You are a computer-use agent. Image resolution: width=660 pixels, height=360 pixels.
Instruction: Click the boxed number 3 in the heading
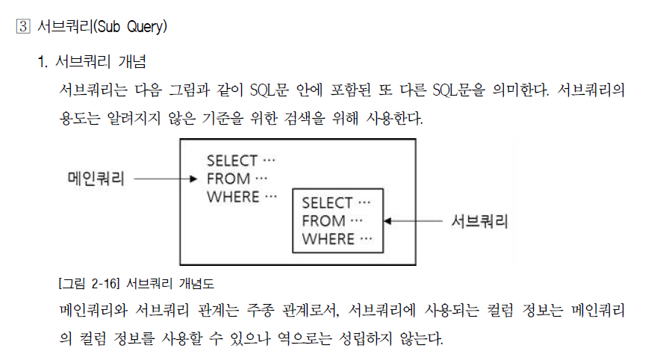click(22, 28)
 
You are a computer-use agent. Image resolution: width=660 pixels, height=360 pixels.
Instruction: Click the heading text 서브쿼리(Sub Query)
click(102, 28)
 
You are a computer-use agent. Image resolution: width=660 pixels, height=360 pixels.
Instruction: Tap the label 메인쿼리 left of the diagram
click(96, 179)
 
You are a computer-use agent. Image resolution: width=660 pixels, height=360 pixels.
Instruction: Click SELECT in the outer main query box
click(231, 161)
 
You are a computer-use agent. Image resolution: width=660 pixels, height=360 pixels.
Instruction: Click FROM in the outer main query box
click(228, 179)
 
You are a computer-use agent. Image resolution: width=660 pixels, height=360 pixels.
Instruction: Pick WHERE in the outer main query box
click(232, 197)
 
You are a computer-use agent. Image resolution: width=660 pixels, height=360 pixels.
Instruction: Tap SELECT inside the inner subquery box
click(327, 203)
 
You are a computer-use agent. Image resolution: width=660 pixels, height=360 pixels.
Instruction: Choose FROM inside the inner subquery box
click(324, 221)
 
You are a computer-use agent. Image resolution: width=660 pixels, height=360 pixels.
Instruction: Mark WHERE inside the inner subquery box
click(328, 239)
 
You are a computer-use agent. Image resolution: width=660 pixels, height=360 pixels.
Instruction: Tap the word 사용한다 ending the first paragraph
click(391, 119)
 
